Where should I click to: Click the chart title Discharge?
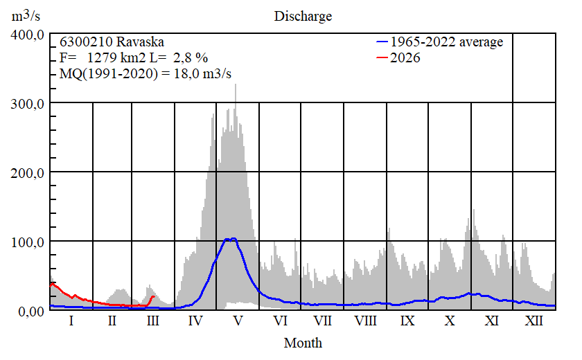303,16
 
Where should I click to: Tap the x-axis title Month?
303,343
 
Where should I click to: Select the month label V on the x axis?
238,321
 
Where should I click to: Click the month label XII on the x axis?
533,321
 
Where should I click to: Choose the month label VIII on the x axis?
365,321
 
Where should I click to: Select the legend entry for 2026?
405,58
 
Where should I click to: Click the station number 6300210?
82,42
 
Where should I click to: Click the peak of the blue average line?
233,238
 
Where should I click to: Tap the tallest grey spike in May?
236,85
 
